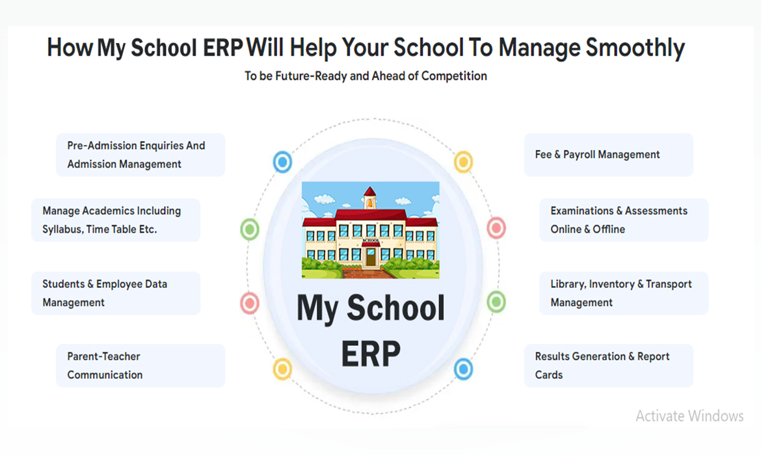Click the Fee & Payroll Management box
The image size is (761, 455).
[x=609, y=155]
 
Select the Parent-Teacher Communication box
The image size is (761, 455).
[x=140, y=366]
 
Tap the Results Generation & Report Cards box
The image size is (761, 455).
[x=609, y=366]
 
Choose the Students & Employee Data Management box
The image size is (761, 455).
[x=116, y=293]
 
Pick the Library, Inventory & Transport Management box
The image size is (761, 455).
[x=624, y=293]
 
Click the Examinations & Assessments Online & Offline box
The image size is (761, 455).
[x=624, y=220]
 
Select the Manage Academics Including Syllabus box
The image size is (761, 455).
[x=116, y=220]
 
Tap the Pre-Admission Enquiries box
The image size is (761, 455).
[x=140, y=155]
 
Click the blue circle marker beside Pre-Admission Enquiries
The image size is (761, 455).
[x=282, y=162]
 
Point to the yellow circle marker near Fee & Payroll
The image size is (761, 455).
[x=464, y=162]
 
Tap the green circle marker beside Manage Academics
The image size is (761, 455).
[x=250, y=229]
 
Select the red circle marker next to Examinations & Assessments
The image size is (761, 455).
[x=496, y=227]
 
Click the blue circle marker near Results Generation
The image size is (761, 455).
[x=464, y=369]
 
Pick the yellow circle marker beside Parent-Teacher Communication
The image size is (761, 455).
[x=282, y=369]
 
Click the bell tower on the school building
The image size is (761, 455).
[x=370, y=198]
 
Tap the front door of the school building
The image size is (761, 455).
[x=371, y=256]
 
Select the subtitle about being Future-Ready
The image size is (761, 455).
[x=366, y=76]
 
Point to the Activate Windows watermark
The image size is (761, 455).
[x=689, y=416]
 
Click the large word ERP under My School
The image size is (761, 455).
[x=371, y=354]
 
